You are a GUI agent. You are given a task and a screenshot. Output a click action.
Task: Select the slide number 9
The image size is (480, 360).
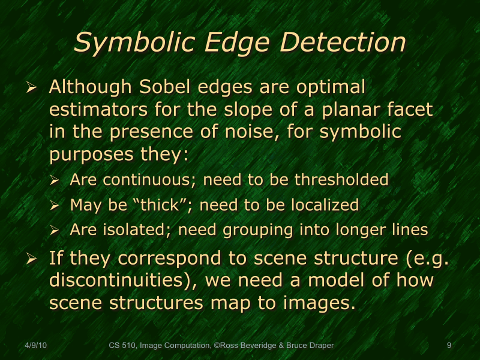pyautogui.click(x=449, y=346)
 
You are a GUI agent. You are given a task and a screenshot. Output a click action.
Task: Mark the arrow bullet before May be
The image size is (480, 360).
pyautogui.click(x=55, y=206)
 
